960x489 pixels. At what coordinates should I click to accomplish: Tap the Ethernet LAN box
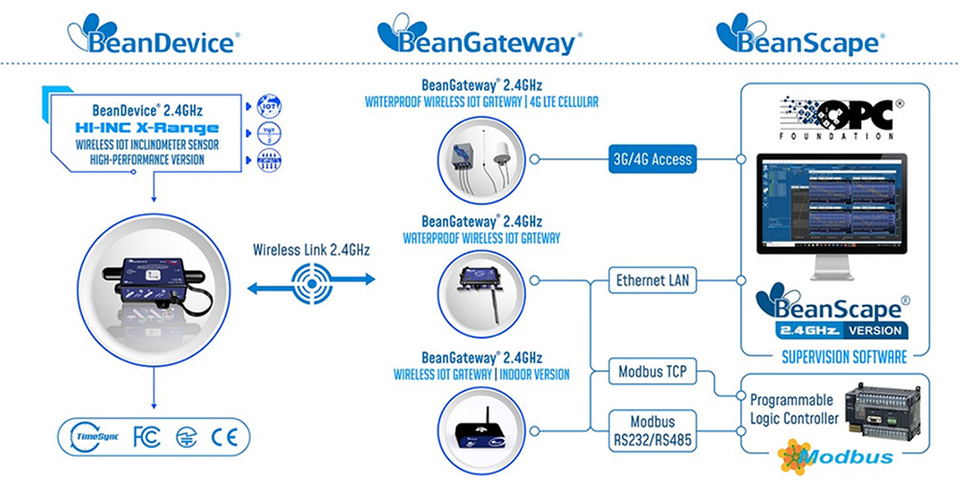[654, 281]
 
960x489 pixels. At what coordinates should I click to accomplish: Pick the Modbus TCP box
[654, 372]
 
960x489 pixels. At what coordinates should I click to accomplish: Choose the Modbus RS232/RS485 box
[654, 429]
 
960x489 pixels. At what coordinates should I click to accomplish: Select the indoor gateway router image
[480, 429]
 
